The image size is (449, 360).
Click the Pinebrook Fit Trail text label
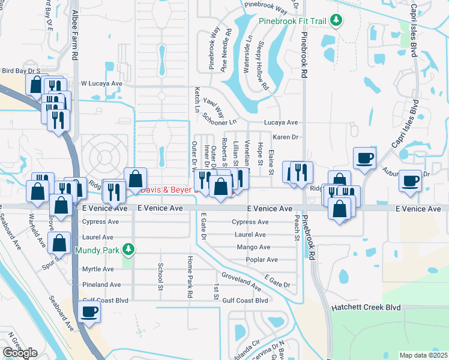292,21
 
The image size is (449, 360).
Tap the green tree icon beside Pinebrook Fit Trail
336,21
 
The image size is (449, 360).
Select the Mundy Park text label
96,249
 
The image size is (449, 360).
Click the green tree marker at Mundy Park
127,248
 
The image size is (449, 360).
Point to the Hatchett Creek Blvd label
366,307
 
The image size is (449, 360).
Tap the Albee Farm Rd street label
75,34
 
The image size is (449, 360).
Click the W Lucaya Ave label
101,83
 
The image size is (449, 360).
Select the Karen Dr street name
286,137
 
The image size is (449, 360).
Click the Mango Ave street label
253,247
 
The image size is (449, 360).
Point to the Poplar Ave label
262,260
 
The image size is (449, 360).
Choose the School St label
160,275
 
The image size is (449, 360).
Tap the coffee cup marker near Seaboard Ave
89,312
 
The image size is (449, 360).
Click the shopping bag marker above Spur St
59,244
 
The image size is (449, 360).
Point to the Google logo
20,353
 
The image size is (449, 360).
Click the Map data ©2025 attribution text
423,355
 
